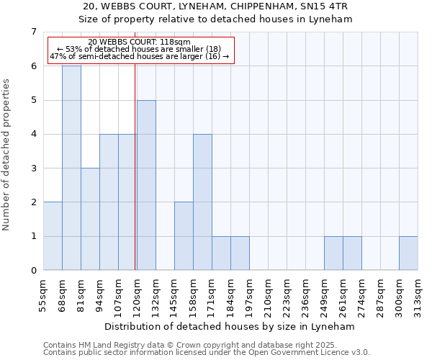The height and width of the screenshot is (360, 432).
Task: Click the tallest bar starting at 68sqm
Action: point(71,168)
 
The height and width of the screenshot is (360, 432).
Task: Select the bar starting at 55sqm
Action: point(53,236)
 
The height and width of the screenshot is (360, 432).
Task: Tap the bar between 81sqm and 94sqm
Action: point(90,219)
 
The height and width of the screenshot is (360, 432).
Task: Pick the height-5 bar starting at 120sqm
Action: point(146,185)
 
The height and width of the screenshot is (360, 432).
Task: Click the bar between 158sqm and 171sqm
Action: point(202,202)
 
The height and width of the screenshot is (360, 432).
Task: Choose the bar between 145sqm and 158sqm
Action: point(184,236)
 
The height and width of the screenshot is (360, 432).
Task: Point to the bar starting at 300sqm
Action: point(408,253)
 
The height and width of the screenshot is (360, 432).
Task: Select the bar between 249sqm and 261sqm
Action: point(333,253)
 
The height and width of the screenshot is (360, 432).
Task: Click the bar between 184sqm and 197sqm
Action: point(240,253)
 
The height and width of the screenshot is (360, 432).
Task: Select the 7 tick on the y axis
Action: point(33,32)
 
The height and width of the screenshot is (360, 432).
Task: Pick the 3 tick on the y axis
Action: point(33,168)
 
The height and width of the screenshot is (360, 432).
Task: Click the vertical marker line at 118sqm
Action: point(135,166)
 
